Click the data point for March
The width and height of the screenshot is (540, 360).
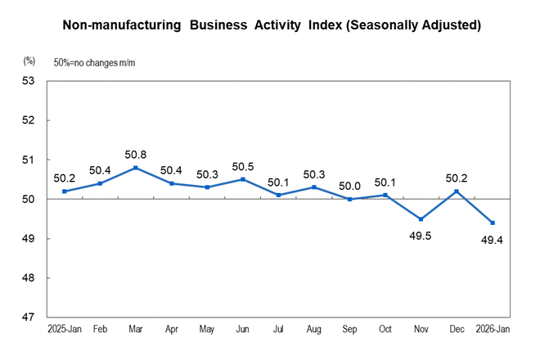tap(135, 168)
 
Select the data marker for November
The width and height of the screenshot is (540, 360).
tap(421, 219)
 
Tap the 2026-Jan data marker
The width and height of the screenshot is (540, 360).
tap(492, 223)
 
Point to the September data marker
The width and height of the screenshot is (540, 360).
tap(349, 199)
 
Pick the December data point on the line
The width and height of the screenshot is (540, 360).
tap(457, 191)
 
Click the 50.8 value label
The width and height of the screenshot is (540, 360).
tap(135, 154)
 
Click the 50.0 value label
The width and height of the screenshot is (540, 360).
tap(349, 185)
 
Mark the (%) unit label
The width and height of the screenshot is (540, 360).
tap(29, 61)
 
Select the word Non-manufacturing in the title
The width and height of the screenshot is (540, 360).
tap(121, 25)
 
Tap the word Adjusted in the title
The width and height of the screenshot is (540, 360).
tap(445, 25)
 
